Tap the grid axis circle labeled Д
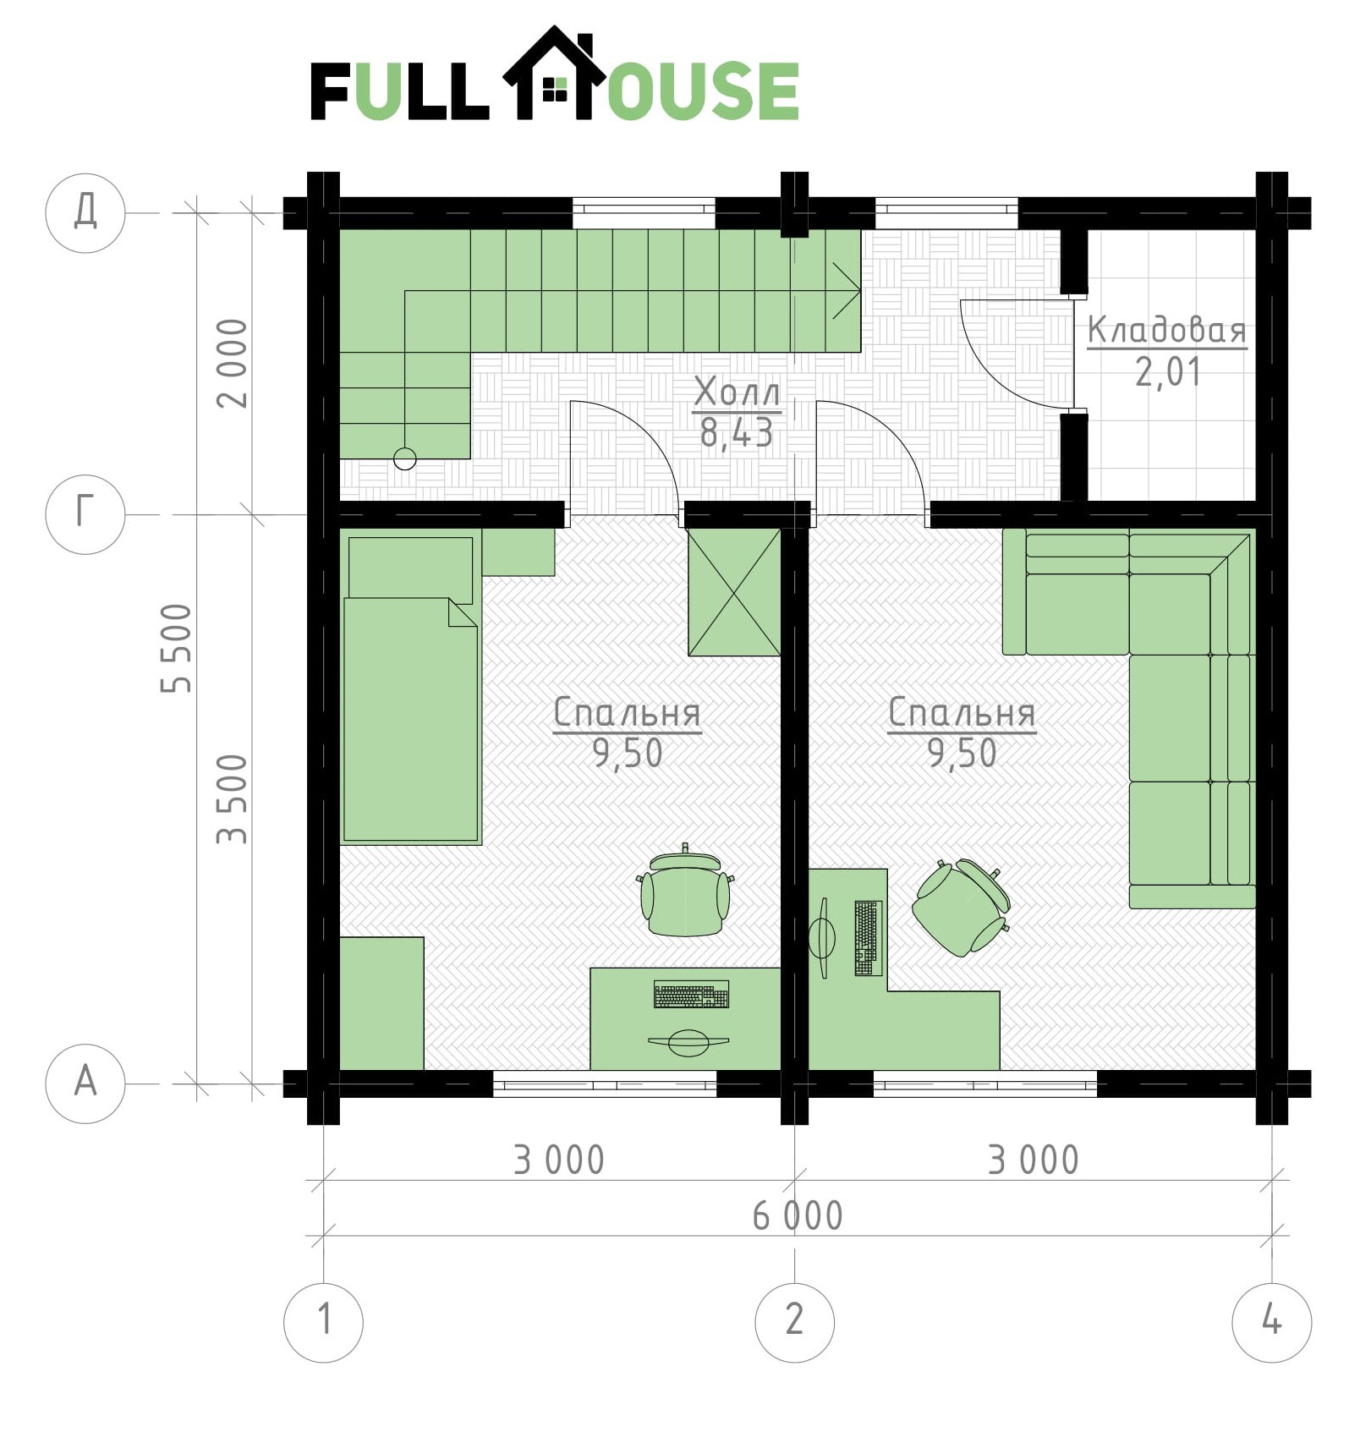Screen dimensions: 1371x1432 (x=85, y=212)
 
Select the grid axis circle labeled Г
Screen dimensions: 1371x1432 (x=85, y=514)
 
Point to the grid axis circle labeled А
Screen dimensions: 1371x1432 (x=85, y=1083)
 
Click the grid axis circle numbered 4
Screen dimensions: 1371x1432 (x=1271, y=1321)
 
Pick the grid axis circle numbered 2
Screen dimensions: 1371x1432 (x=794, y=1321)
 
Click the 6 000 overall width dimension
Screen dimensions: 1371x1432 (x=798, y=1216)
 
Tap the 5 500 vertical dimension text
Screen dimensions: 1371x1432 (x=177, y=649)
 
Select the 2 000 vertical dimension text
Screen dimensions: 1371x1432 (x=232, y=364)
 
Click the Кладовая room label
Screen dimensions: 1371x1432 (x=1167, y=330)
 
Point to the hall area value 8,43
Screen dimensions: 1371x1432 (x=737, y=433)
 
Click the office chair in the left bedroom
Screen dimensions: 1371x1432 (x=686, y=892)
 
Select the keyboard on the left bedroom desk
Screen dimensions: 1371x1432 (x=691, y=995)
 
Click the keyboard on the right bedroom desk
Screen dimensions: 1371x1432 (x=868, y=938)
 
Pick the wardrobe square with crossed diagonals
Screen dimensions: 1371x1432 (x=734, y=592)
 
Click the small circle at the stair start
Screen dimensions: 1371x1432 (x=405, y=458)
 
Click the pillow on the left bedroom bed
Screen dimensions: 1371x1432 (x=410, y=568)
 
